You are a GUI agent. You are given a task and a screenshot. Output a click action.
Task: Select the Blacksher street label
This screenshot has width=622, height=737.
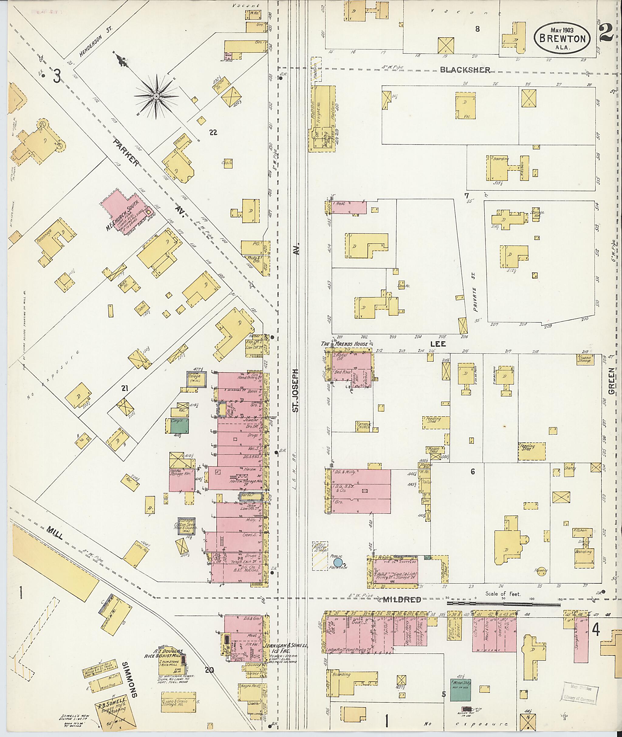coord(465,70)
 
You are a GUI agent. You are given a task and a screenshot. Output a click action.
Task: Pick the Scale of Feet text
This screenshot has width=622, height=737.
coord(503,593)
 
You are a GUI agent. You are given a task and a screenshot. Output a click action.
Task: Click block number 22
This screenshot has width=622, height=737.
coord(213,133)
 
